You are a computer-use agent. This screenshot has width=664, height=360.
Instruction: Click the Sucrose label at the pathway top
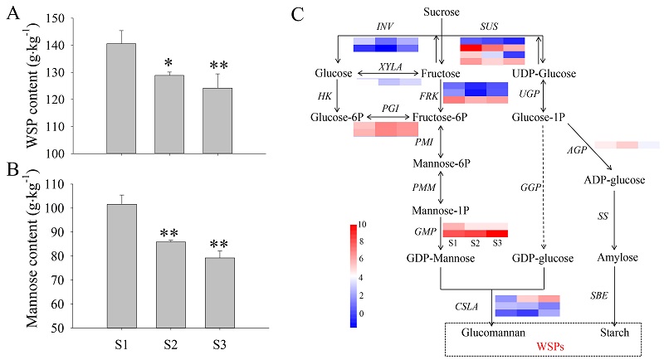440,11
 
